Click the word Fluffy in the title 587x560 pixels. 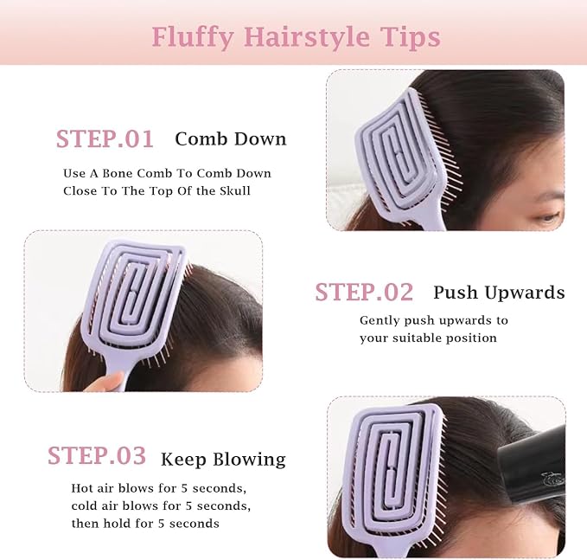coord(193,38)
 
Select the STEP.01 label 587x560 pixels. coord(105,139)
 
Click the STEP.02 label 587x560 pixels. coord(364,292)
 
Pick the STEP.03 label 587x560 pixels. coord(97,456)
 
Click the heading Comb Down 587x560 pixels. coord(231,139)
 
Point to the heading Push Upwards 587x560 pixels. coord(499,293)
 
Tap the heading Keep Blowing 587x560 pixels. coord(223,460)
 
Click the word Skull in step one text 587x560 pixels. coord(235,190)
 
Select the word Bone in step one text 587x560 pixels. coord(118,173)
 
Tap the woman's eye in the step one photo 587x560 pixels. coord(547,216)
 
